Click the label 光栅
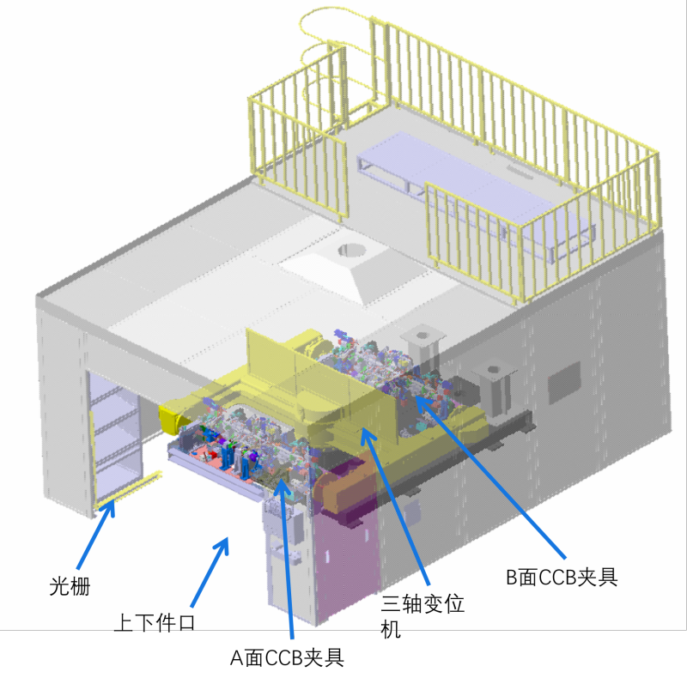[70, 586]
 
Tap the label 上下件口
[155, 622]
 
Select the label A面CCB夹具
[287, 657]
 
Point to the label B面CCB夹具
[562, 577]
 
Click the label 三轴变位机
[423, 616]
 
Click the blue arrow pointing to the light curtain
[96, 534]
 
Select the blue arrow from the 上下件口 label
[210, 572]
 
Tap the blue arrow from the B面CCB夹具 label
[489, 477]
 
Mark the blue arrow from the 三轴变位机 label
[395, 507]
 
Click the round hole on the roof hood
[351, 250]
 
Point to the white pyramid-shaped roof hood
[353, 270]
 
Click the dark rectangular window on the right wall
[564, 382]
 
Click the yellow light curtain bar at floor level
[127, 491]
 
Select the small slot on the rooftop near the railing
[520, 172]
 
